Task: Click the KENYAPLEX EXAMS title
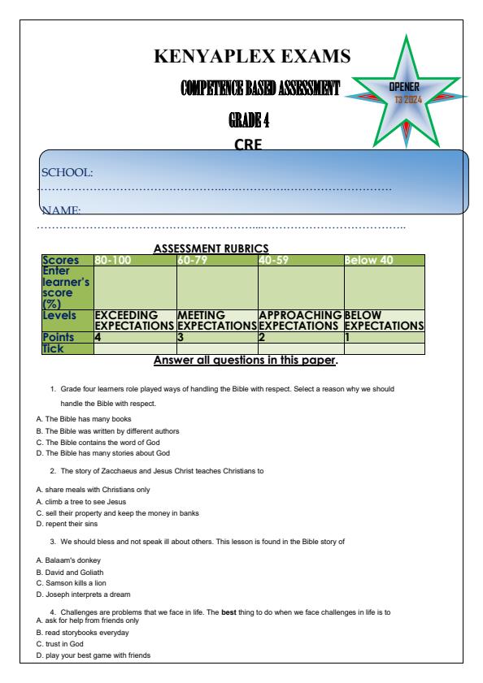click(x=252, y=57)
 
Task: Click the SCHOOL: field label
click(x=67, y=172)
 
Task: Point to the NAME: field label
click(x=61, y=210)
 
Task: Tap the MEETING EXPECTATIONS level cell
click(x=216, y=319)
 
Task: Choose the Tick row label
click(x=56, y=348)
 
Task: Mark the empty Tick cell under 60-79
click(x=216, y=348)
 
